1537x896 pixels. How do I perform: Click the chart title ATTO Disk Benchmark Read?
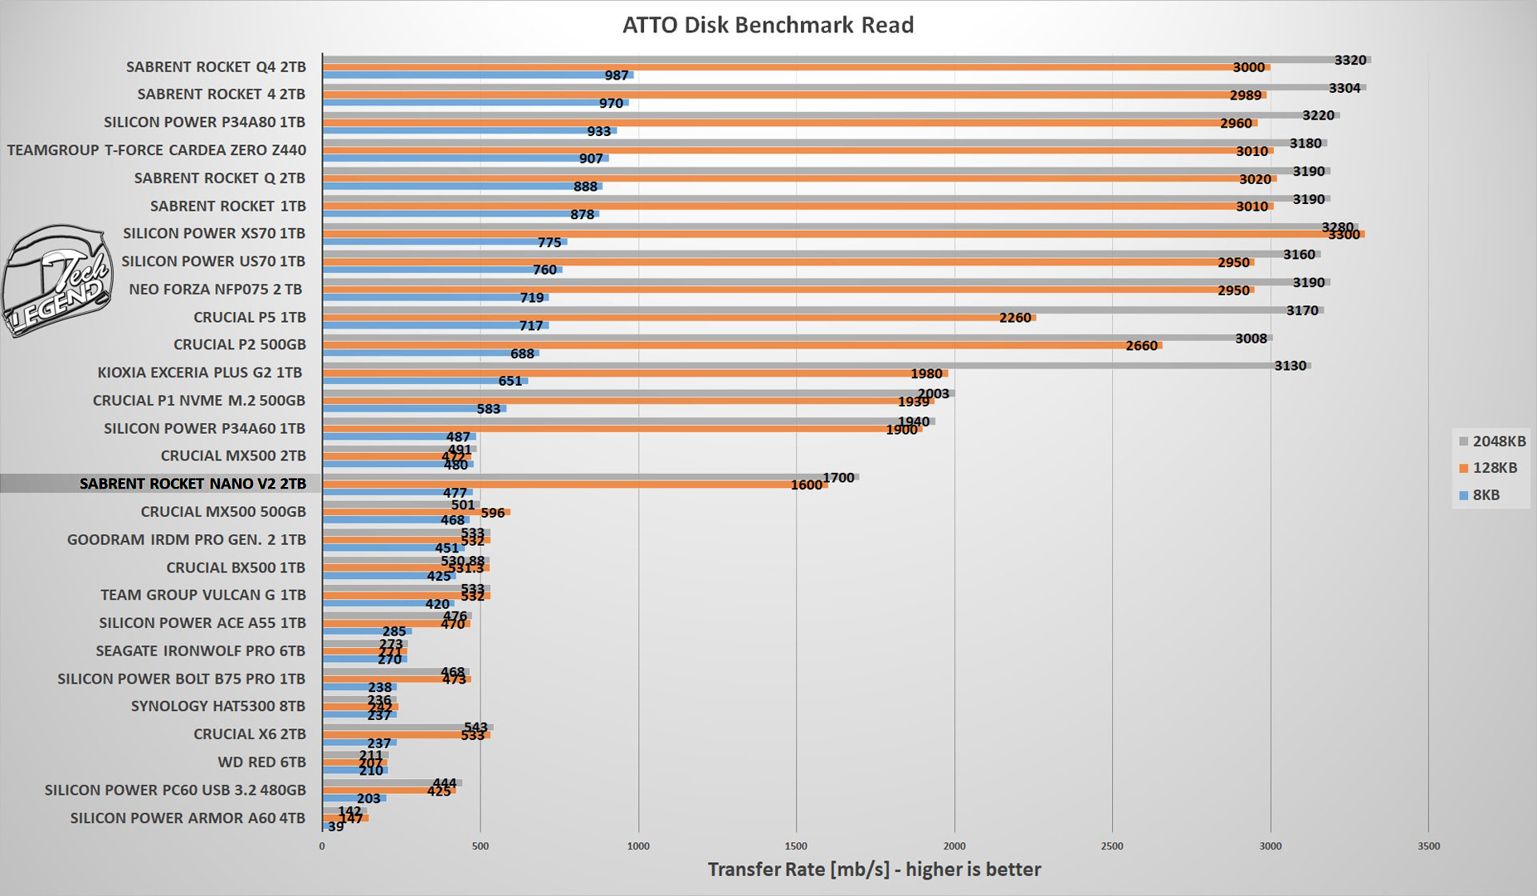point(768,25)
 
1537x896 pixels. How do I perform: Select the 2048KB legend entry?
point(1492,441)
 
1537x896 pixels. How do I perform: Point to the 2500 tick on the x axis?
point(1112,846)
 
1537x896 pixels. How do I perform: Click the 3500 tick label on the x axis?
point(1428,846)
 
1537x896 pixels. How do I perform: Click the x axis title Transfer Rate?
point(874,869)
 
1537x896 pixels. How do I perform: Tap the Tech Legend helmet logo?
point(56,280)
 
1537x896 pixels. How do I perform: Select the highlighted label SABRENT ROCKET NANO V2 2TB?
point(193,484)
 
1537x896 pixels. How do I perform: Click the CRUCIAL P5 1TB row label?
point(249,317)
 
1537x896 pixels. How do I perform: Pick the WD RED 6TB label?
point(261,762)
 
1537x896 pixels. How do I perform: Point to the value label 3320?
point(1349,60)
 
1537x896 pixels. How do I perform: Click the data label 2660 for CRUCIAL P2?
point(1141,345)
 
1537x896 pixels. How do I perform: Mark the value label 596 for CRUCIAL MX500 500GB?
point(493,513)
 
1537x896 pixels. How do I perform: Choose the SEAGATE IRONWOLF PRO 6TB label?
point(200,650)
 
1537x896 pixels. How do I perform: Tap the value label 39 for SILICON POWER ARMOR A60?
point(335,826)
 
